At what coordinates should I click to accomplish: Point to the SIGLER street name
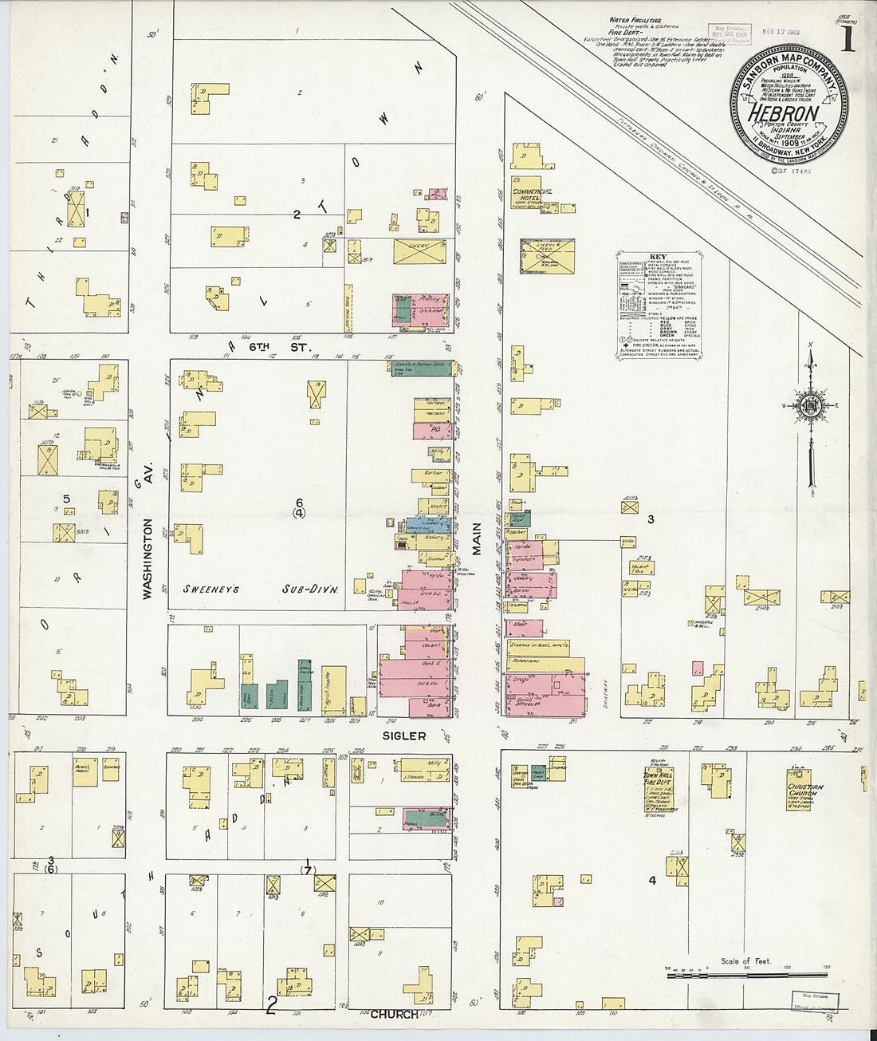coord(404,735)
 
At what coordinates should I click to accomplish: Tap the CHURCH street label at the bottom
coord(394,1014)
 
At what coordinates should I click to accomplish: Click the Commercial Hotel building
coord(531,195)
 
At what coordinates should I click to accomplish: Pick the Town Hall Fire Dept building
coord(659,790)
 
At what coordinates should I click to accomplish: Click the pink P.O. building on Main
coord(431,430)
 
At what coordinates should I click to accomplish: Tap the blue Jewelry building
coord(435,525)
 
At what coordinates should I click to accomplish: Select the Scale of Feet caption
coord(745,961)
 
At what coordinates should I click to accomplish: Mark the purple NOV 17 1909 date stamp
coord(781,31)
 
